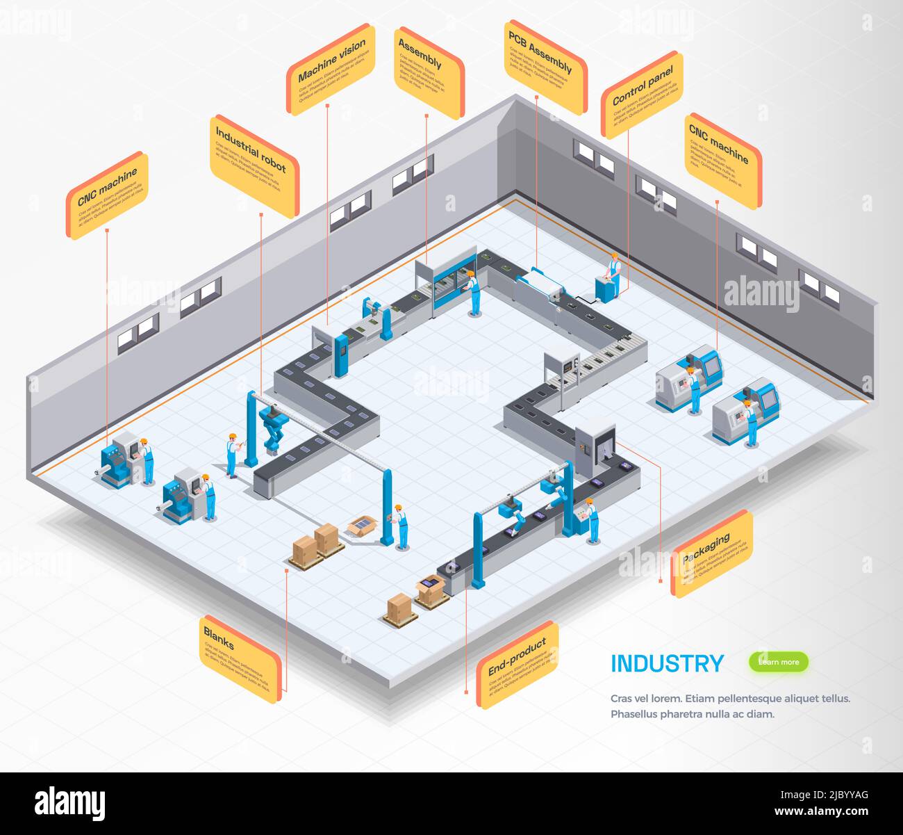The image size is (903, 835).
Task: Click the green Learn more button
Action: (778, 662)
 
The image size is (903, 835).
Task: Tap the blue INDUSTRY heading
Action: (667, 664)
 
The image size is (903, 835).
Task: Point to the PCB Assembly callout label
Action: (545, 66)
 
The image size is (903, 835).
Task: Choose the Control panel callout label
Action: (642, 95)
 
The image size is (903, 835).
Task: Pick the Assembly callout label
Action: (429, 72)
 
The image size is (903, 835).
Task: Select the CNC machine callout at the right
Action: (722, 161)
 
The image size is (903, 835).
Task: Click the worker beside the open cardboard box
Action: (401, 527)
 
